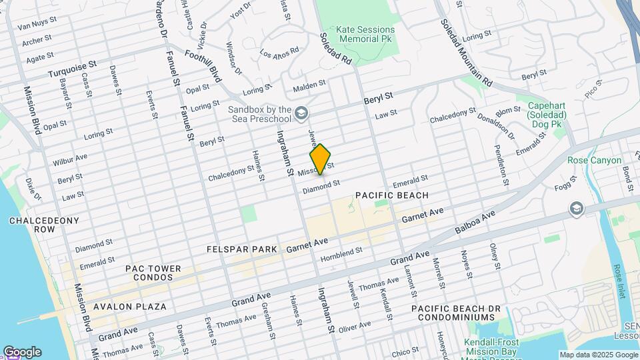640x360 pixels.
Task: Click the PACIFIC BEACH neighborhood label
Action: tap(391, 195)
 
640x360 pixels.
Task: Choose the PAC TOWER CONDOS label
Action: tap(153, 273)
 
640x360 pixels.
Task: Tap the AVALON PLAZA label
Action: tap(129, 307)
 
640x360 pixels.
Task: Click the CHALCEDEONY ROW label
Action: tap(44, 225)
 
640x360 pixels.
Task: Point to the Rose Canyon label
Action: tap(594, 161)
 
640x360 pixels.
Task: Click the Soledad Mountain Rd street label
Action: tap(465, 52)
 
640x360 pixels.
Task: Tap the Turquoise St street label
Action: tap(73, 69)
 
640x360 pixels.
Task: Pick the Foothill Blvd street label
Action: tap(203, 66)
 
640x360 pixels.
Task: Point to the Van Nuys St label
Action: tap(34, 26)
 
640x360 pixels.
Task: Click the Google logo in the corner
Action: tap(22, 352)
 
